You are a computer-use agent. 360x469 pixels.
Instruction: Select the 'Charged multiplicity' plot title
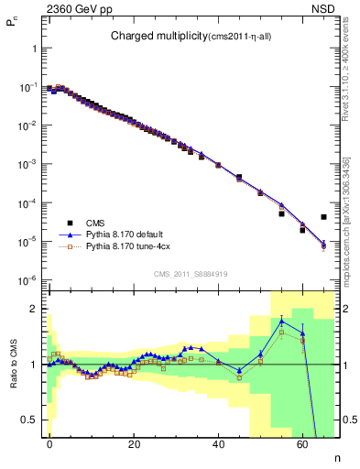click(x=183, y=37)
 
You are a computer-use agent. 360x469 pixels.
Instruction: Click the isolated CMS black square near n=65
click(x=324, y=217)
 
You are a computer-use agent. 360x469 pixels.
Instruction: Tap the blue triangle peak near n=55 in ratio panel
click(x=282, y=321)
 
